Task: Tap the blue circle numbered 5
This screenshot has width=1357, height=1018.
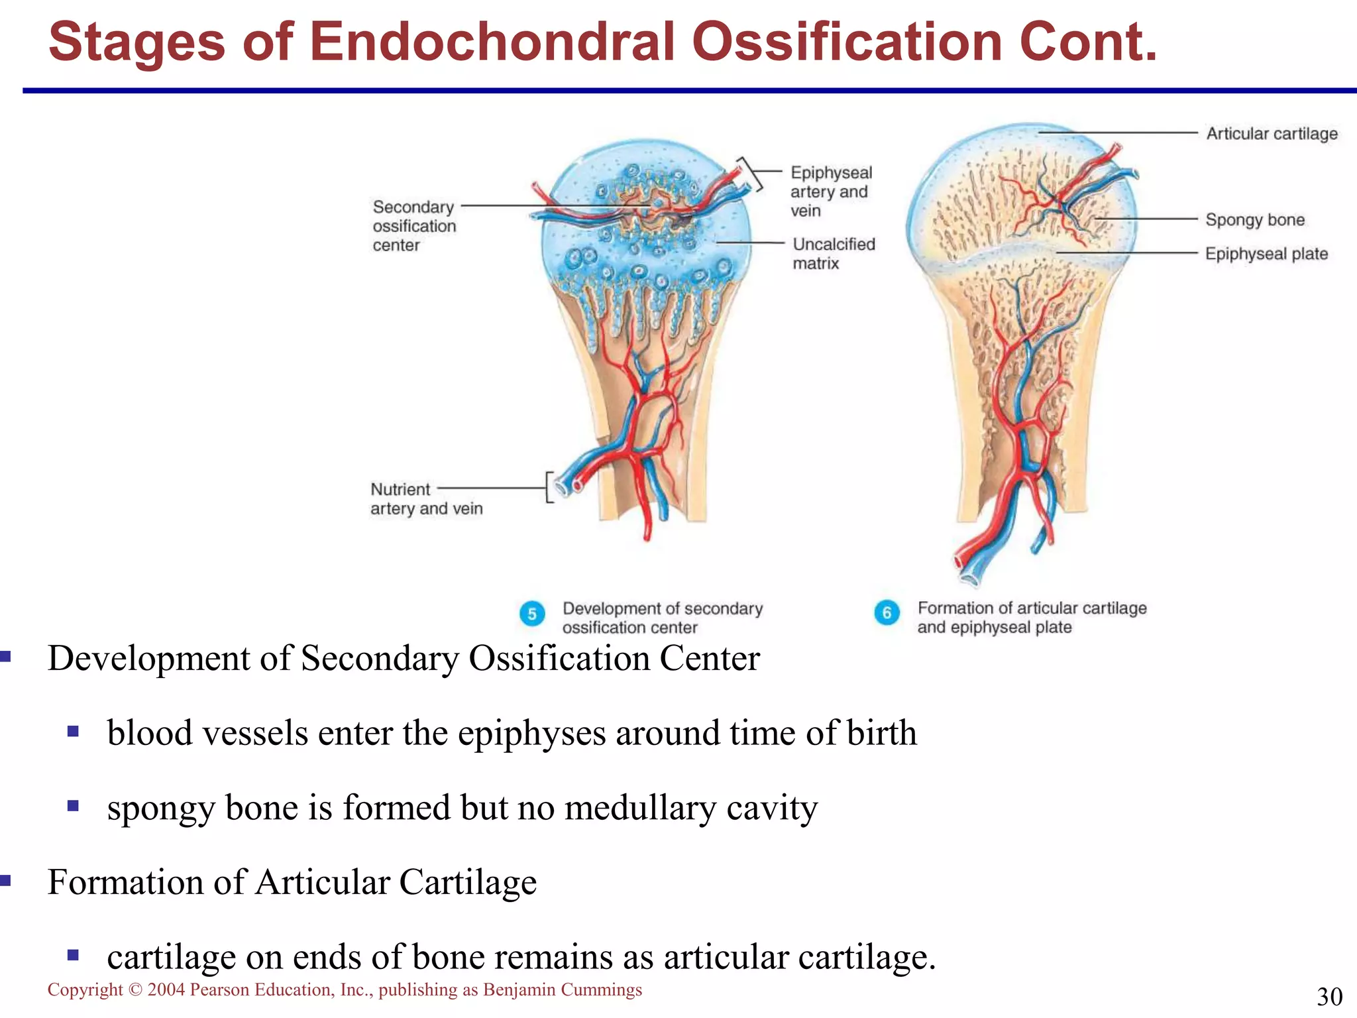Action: click(x=532, y=614)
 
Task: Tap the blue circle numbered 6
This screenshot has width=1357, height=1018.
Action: click(x=887, y=612)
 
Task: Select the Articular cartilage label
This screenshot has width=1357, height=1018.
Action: click(x=1271, y=134)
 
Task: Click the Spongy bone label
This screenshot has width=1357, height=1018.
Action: click(x=1254, y=220)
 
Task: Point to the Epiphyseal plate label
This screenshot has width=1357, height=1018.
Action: click(x=1266, y=254)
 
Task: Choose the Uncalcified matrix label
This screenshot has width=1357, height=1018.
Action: click(x=833, y=254)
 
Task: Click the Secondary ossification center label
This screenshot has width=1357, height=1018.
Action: click(x=413, y=226)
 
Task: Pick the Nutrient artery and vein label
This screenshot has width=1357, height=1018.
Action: click(x=425, y=499)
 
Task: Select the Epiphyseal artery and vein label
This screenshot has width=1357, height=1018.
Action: click(x=831, y=192)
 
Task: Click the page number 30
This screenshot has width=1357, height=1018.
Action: click(x=1329, y=997)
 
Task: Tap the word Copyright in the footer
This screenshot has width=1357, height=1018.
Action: click(x=85, y=990)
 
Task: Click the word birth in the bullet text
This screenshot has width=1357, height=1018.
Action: click(x=881, y=734)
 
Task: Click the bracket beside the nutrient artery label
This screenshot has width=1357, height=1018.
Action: click(x=549, y=487)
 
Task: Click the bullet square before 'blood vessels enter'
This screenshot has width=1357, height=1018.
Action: click(x=73, y=732)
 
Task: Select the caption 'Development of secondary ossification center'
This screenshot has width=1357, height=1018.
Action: click(x=662, y=618)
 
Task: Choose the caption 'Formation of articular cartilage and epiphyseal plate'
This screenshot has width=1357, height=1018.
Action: click(x=1031, y=617)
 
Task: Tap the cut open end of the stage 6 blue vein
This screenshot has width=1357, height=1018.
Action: click(x=971, y=576)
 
